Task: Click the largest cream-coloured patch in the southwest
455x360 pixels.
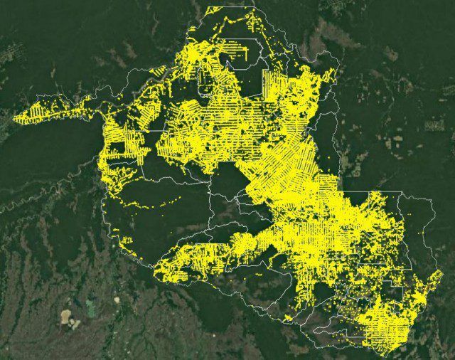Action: pos(67,316)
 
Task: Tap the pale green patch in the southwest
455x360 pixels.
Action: pos(90,307)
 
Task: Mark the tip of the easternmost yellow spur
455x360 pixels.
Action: pos(440,272)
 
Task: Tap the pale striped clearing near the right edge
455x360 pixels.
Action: pos(434,125)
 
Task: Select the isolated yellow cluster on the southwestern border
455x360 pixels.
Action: pos(127,247)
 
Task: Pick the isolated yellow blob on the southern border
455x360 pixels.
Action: pos(288,317)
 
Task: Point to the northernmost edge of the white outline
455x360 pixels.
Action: pos(227,7)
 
